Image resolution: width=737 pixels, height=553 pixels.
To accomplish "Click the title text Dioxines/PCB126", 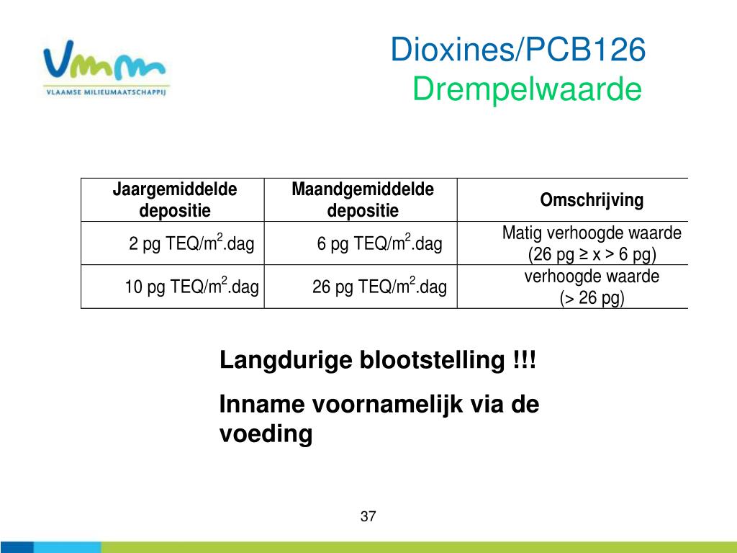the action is point(518,49).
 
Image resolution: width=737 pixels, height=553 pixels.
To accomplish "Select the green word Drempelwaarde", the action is point(527,89).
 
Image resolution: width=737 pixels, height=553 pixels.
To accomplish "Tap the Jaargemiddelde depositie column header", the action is point(174,200).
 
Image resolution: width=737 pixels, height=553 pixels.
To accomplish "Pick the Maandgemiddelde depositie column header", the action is point(363,200).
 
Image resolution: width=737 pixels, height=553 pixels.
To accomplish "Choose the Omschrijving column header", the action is point(592,200).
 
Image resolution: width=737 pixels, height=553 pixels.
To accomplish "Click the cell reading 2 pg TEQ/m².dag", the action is point(191,243).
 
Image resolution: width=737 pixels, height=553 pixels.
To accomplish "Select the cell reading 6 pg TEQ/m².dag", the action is point(379,243).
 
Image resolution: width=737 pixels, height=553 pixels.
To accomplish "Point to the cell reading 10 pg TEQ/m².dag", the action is point(191,287).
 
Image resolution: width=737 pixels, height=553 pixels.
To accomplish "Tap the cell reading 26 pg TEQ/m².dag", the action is point(379,287).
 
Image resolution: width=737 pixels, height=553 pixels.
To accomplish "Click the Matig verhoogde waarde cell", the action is point(592,243).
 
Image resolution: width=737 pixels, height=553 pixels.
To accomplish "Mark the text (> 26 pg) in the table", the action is point(592,297).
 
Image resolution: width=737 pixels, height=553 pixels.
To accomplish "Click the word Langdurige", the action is point(286,361).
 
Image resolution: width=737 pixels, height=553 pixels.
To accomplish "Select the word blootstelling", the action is point(433,360).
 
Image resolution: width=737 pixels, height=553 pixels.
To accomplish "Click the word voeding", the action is point(266,433).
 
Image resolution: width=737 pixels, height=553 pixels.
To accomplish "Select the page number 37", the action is point(368,516).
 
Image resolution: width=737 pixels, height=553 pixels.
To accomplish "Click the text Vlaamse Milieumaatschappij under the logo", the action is point(107,92).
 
